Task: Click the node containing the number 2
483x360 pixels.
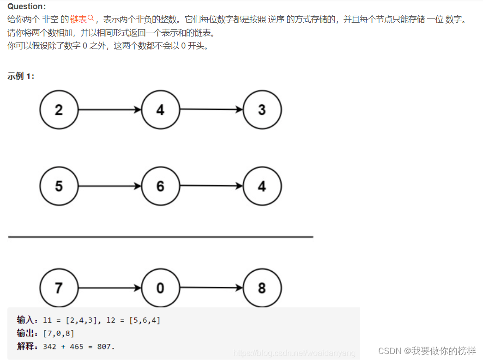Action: tap(59, 110)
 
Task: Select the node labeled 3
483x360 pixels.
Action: tap(262, 110)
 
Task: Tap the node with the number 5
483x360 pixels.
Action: tap(59, 186)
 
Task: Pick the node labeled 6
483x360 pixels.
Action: tap(160, 186)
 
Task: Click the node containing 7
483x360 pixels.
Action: tap(59, 288)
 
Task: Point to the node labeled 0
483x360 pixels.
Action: tap(160, 288)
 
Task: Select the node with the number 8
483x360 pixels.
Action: tap(262, 288)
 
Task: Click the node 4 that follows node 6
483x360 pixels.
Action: tap(262, 186)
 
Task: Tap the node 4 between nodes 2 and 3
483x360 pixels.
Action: tap(160, 110)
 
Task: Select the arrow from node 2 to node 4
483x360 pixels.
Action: tap(109, 110)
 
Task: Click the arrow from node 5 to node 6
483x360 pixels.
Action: tap(109, 186)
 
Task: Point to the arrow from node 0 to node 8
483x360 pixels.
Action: tap(211, 287)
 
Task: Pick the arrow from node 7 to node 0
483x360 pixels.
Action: tap(109, 288)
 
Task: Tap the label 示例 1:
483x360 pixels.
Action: tap(21, 76)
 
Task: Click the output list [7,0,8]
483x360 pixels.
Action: tap(58, 333)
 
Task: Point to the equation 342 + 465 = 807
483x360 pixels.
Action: tap(78, 346)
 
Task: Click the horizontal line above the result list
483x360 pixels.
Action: tap(160, 237)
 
